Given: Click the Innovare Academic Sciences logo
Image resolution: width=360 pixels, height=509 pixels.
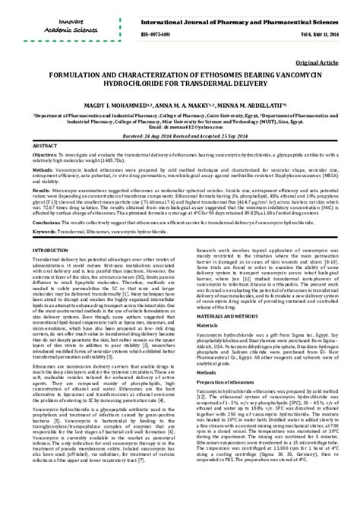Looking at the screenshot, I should click(x=46, y=24).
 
